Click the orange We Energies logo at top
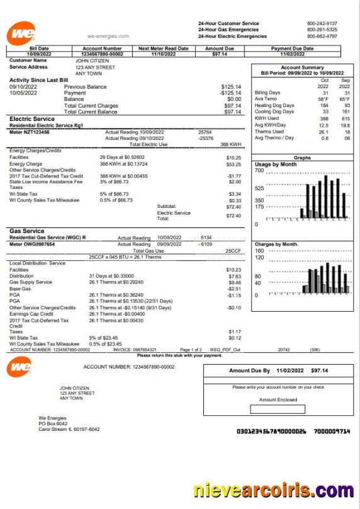click(21, 33)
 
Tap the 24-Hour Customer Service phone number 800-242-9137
click(322, 23)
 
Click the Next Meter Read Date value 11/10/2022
click(163, 54)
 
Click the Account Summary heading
click(302, 67)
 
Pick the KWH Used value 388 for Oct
click(324, 118)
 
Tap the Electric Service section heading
click(32, 118)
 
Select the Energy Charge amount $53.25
click(233, 163)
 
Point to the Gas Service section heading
click(26, 231)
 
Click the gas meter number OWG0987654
click(41, 244)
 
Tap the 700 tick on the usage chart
click(259, 171)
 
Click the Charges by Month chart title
click(276, 244)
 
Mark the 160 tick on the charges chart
click(259, 251)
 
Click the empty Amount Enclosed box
click(277, 409)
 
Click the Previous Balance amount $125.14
click(231, 86)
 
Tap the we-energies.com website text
click(108, 37)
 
